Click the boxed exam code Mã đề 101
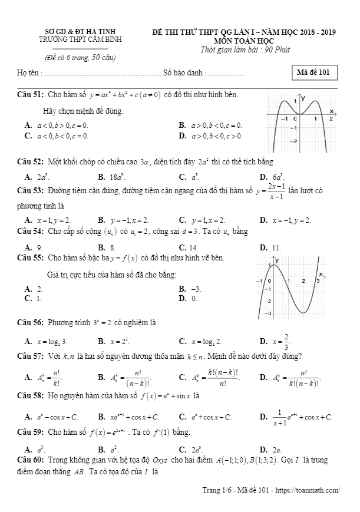[316, 73]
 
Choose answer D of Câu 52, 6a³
[272, 177]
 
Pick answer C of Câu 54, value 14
[188, 248]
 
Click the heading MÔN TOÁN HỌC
[243, 40]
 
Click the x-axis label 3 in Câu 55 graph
[318, 282]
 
